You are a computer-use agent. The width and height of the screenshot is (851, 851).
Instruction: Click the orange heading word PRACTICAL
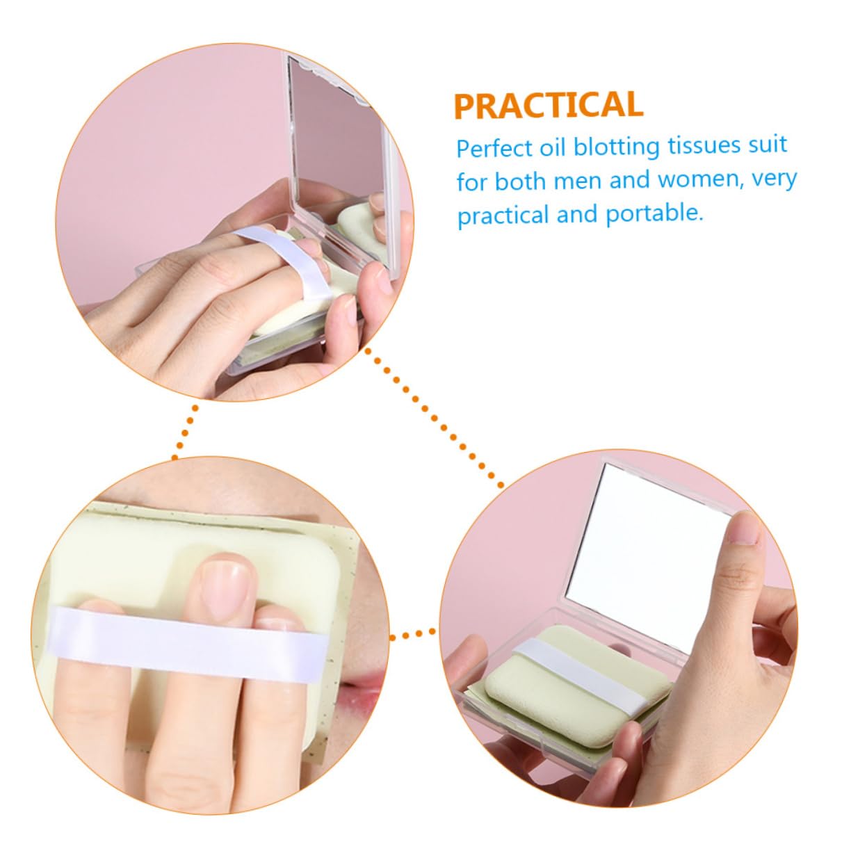pyautogui.click(x=549, y=105)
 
